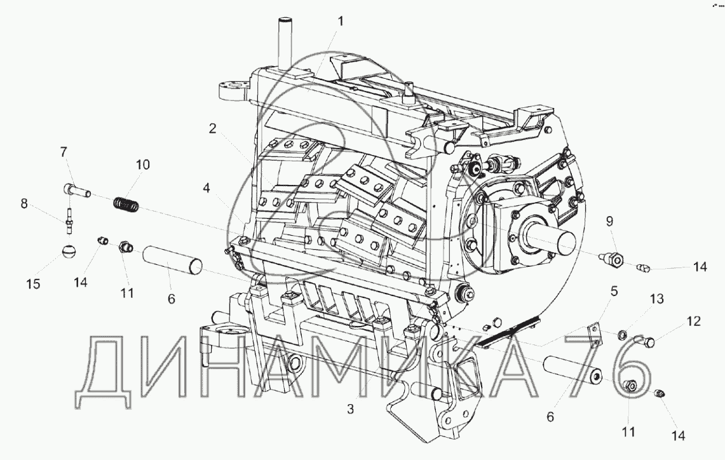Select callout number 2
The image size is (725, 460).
coord(212,128)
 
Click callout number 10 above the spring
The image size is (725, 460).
coord(142,165)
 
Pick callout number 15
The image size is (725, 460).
coord(34,283)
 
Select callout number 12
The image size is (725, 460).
coord(693,321)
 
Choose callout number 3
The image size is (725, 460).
coord(349,409)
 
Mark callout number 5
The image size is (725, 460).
coord(614,293)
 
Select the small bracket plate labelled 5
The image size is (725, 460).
coord(594,335)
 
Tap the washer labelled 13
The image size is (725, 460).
coord(623,334)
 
